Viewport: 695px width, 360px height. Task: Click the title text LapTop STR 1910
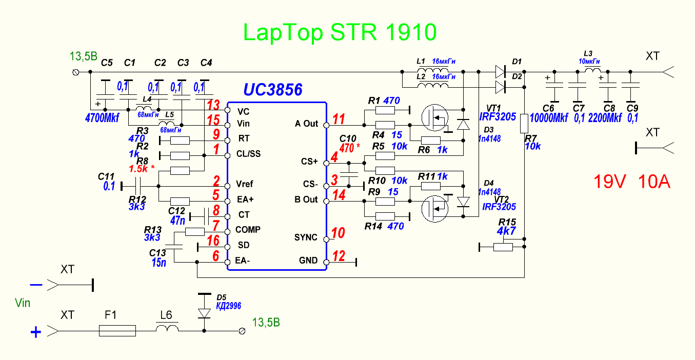[x=340, y=33]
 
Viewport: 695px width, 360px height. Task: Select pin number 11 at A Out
[x=339, y=119]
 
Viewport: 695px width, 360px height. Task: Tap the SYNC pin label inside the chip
[x=306, y=238]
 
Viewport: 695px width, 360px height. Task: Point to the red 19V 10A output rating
[x=632, y=182]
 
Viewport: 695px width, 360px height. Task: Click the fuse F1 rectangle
[x=117, y=331]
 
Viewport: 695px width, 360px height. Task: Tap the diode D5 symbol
[x=204, y=312]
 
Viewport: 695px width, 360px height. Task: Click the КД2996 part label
[x=228, y=306]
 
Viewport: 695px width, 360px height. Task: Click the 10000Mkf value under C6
[x=548, y=118]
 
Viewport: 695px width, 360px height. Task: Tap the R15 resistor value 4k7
[x=507, y=231]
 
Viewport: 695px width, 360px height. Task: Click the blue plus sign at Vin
[x=36, y=333]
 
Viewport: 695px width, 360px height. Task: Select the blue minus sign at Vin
[x=36, y=284]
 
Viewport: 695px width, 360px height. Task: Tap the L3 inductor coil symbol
[x=593, y=70]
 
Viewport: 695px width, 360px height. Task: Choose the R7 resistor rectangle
[x=524, y=124]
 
